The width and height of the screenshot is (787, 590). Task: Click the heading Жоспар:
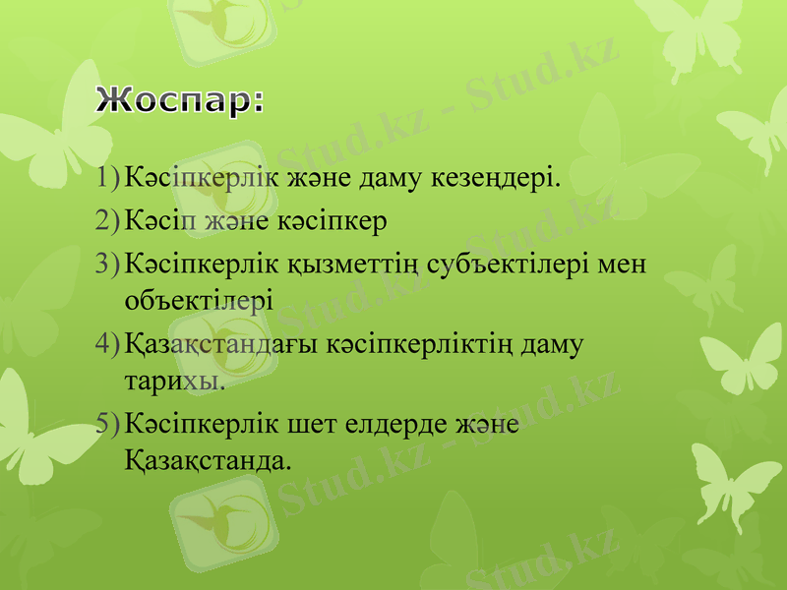click(181, 102)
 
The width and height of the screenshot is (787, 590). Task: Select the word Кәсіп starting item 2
click(163, 220)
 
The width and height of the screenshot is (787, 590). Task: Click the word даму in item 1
click(397, 179)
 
